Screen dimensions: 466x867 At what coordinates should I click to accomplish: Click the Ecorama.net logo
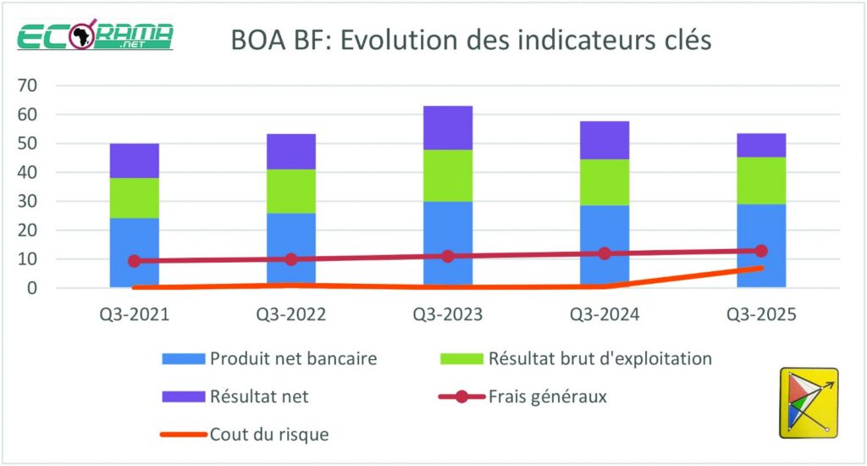point(96,37)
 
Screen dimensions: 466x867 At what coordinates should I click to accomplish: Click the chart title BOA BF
point(471,39)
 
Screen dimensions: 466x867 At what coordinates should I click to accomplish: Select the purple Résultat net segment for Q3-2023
point(448,128)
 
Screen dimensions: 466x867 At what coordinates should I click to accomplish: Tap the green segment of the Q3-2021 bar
point(135,197)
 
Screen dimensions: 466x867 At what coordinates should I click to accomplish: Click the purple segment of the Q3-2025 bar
point(761,145)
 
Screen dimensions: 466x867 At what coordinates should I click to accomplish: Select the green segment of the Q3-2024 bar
point(605,182)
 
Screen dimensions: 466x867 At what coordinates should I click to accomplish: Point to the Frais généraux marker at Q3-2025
point(761,251)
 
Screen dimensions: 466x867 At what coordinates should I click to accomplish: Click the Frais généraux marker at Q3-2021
point(135,261)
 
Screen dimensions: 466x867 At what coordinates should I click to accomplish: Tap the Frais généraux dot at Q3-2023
point(448,256)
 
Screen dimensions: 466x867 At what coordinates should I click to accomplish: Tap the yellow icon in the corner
point(808,402)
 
